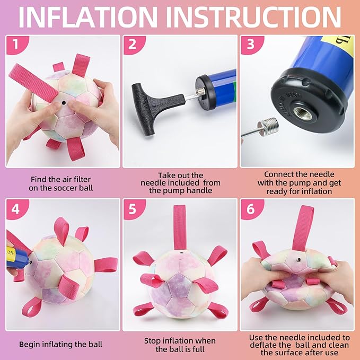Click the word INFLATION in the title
[x=88, y=17]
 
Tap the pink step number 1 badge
[x=16, y=45]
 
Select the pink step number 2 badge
[x=133, y=45]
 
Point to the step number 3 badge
[x=251, y=45]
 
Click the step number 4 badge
[x=16, y=209]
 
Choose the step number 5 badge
[x=133, y=209]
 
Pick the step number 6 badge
[x=251, y=209]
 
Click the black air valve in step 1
[x=64, y=103]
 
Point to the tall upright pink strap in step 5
[x=180, y=227]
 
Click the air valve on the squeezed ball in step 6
[x=298, y=259]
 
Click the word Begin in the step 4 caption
[x=29, y=345]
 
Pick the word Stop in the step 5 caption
[x=152, y=341]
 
